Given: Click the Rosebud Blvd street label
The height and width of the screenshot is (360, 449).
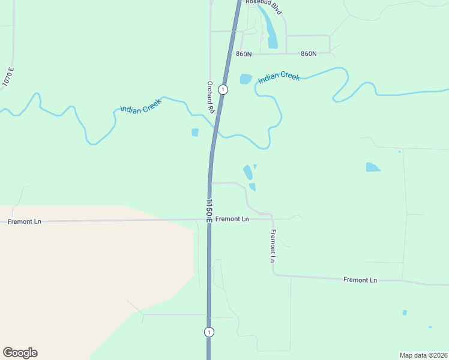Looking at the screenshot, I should pos(264,5).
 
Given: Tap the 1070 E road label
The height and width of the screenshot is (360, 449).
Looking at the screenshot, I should pos(8,77).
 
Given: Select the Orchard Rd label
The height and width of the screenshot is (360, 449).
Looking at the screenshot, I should pos(211,97).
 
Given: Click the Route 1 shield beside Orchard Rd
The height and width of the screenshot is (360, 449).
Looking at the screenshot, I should pos(223,89).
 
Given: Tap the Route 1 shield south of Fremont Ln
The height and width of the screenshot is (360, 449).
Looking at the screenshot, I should pos(208,332).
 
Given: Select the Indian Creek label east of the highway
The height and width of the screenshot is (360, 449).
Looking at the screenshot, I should pos(279,77).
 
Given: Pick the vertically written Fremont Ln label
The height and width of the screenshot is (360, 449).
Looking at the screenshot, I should pos(273,245).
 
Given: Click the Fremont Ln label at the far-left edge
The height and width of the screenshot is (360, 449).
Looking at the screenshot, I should pos(25,221).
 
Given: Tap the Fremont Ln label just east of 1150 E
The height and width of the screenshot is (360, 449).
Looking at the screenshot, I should pos(232,219).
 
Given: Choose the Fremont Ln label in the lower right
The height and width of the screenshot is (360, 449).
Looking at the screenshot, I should pos(360,280).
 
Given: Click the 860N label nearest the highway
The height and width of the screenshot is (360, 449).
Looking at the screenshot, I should pos(244,54).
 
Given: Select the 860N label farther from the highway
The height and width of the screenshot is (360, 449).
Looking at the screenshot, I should pos(309,53).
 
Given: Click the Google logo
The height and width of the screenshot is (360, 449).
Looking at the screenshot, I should pos(20,353).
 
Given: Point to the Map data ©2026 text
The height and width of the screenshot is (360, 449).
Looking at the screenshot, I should pos(423,355).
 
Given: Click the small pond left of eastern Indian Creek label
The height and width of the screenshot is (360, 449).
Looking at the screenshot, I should pos(246,79).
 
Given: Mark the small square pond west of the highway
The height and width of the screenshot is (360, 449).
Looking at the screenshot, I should pos(194,132).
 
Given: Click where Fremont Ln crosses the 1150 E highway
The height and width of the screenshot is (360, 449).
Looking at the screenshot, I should pos(209,220).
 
